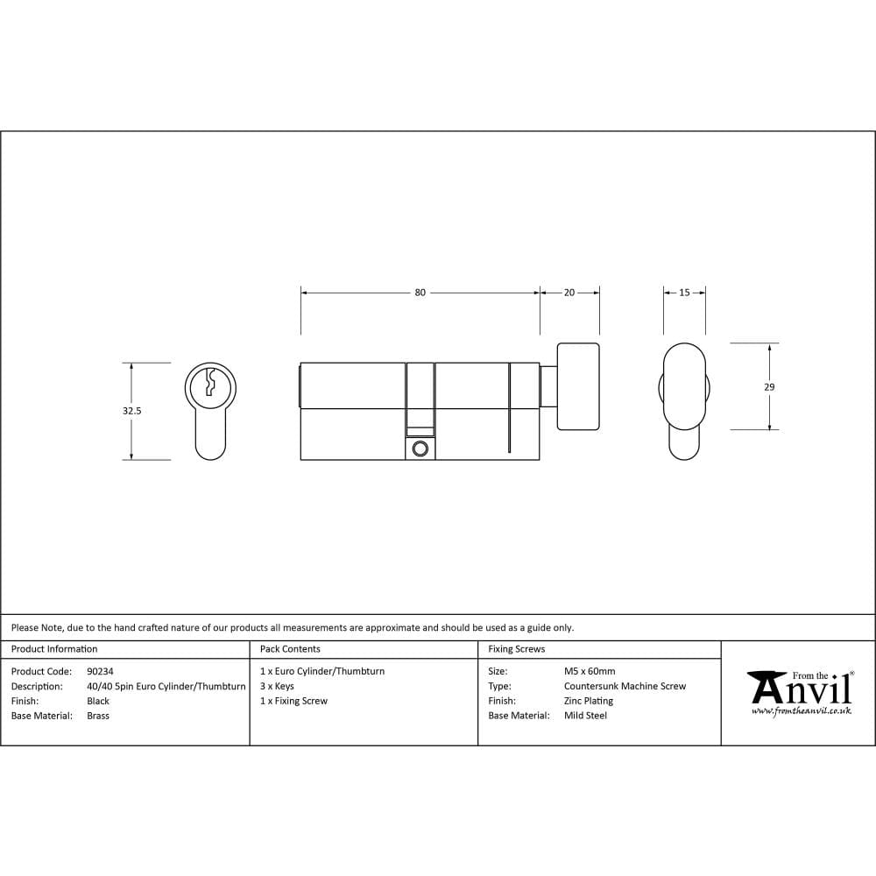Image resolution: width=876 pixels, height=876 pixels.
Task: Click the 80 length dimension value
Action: pos(420,293)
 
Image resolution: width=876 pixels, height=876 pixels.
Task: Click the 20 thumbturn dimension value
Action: pos(569,293)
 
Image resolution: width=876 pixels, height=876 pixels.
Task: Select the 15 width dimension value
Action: pos(684,293)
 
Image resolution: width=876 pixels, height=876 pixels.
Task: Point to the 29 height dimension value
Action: pos(769,386)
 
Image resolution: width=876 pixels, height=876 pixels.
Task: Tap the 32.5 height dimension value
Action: pos(133,410)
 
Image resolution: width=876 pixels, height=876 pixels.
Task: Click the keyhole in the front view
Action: pos(210,383)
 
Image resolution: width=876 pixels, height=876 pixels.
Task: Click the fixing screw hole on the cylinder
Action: pos(420,449)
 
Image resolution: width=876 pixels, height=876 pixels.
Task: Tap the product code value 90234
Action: pos(101,671)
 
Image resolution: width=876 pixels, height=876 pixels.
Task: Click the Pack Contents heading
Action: pos(290,649)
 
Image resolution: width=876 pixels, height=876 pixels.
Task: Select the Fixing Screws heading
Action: pos(516,649)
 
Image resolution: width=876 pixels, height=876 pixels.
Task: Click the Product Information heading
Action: pos(54,649)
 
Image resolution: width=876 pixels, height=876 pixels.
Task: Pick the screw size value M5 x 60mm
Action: pos(590,671)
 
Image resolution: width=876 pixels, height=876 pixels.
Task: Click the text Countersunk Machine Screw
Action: pos(625,686)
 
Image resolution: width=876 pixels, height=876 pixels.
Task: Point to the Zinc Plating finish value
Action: pos(589,701)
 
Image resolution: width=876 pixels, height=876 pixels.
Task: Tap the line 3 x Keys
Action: pos(277,686)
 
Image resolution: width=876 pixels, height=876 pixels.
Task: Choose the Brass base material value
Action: pos(98,716)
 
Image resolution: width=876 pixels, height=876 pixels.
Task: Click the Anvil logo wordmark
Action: pos(802,690)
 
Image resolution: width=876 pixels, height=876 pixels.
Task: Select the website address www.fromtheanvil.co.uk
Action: pos(801,711)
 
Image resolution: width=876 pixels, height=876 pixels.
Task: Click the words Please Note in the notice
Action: pos(36,627)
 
